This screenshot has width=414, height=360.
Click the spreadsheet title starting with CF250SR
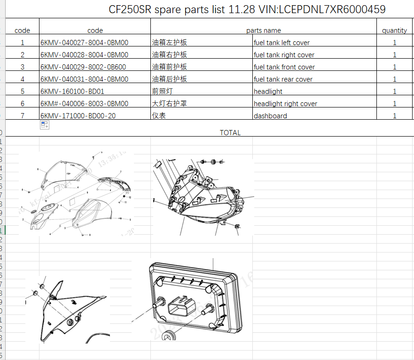pos(247,9)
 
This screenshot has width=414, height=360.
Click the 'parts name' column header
pos(263,31)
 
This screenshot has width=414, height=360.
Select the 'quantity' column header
pos(394,31)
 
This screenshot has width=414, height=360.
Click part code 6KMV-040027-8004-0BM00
pos(84,43)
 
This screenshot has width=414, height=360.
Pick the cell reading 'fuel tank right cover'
pos(284,55)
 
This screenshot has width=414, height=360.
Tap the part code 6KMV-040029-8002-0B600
pos(83,67)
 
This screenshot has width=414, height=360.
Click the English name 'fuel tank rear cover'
pos(283,79)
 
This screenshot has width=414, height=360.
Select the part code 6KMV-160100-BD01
pos(72,92)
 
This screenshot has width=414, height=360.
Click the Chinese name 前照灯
pos(158,92)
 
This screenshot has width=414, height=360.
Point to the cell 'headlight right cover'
pos(285,104)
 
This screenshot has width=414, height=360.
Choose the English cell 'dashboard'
pos(270,116)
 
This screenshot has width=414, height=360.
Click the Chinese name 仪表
pos(158,115)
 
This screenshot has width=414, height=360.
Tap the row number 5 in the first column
pos(22,92)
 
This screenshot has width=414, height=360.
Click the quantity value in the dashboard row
pos(394,116)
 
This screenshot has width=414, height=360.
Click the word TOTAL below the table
pos(230,133)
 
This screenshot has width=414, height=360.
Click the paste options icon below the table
pos(45,125)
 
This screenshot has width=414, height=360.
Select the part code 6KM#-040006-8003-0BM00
pos(84,104)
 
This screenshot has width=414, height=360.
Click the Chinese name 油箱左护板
pos(169,43)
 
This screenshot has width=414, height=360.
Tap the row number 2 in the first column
pos(22,55)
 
